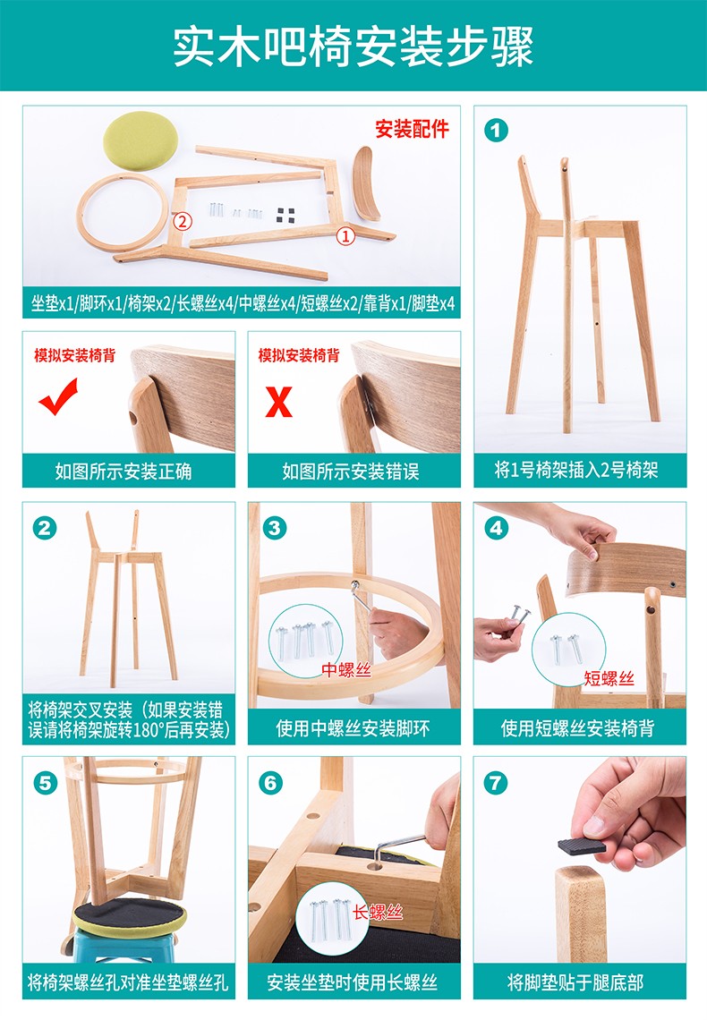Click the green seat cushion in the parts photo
pyautogui.click(x=141, y=140)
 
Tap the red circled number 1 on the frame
pyautogui.click(x=345, y=235)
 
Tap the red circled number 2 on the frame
pyautogui.click(x=183, y=221)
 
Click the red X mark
pyautogui.click(x=278, y=402)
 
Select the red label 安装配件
pyautogui.click(x=412, y=129)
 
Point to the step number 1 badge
pyautogui.click(x=496, y=131)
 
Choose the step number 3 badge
pyautogui.click(x=275, y=528)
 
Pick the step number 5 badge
pyautogui.click(x=45, y=783)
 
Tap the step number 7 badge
pyautogui.click(x=496, y=783)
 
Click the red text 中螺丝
pyautogui.click(x=346, y=669)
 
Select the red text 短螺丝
pyautogui.click(x=609, y=678)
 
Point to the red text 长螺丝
pyautogui.click(x=378, y=912)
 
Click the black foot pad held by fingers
pyautogui.click(x=582, y=846)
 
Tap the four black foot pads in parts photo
pyautogui.click(x=285, y=216)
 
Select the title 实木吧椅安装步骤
pyautogui.click(x=353, y=47)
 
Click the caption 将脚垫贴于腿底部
pyautogui.click(x=575, y=982)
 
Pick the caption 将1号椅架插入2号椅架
pyautogui.click(x=576, y=470)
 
